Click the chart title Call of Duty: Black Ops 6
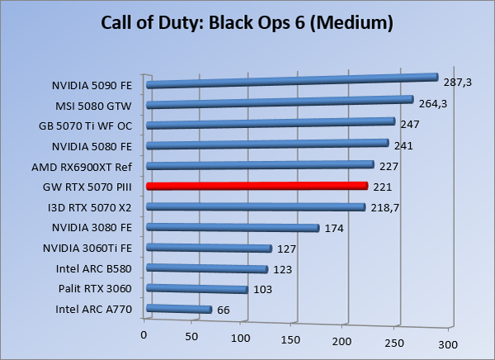pos(247,22)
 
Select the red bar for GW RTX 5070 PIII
pos(256,187)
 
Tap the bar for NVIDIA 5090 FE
pos(290,81)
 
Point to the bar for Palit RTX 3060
pos(196,289)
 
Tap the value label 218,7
pos(384,208)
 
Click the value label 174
pos(333,228)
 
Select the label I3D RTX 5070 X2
pos(96,207)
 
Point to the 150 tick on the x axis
pos(292,339)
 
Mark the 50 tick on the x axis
pos(191,337)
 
